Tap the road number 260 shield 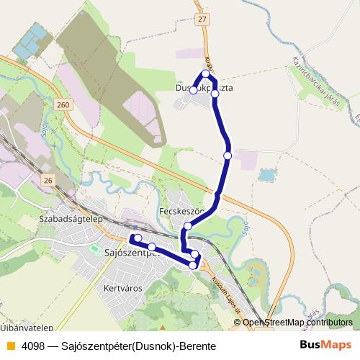tap(63, 105)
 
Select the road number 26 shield tap(48, 179)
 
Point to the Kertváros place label tap(123, 287)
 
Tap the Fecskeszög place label tap(181, 212)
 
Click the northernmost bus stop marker tap(206, 73)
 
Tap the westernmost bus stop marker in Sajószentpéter tap(137, 238)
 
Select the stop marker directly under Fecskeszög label tap(188, 226)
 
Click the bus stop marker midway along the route tap(228, 155)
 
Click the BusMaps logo tap(325, 346)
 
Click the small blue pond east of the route tap(267, 175)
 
